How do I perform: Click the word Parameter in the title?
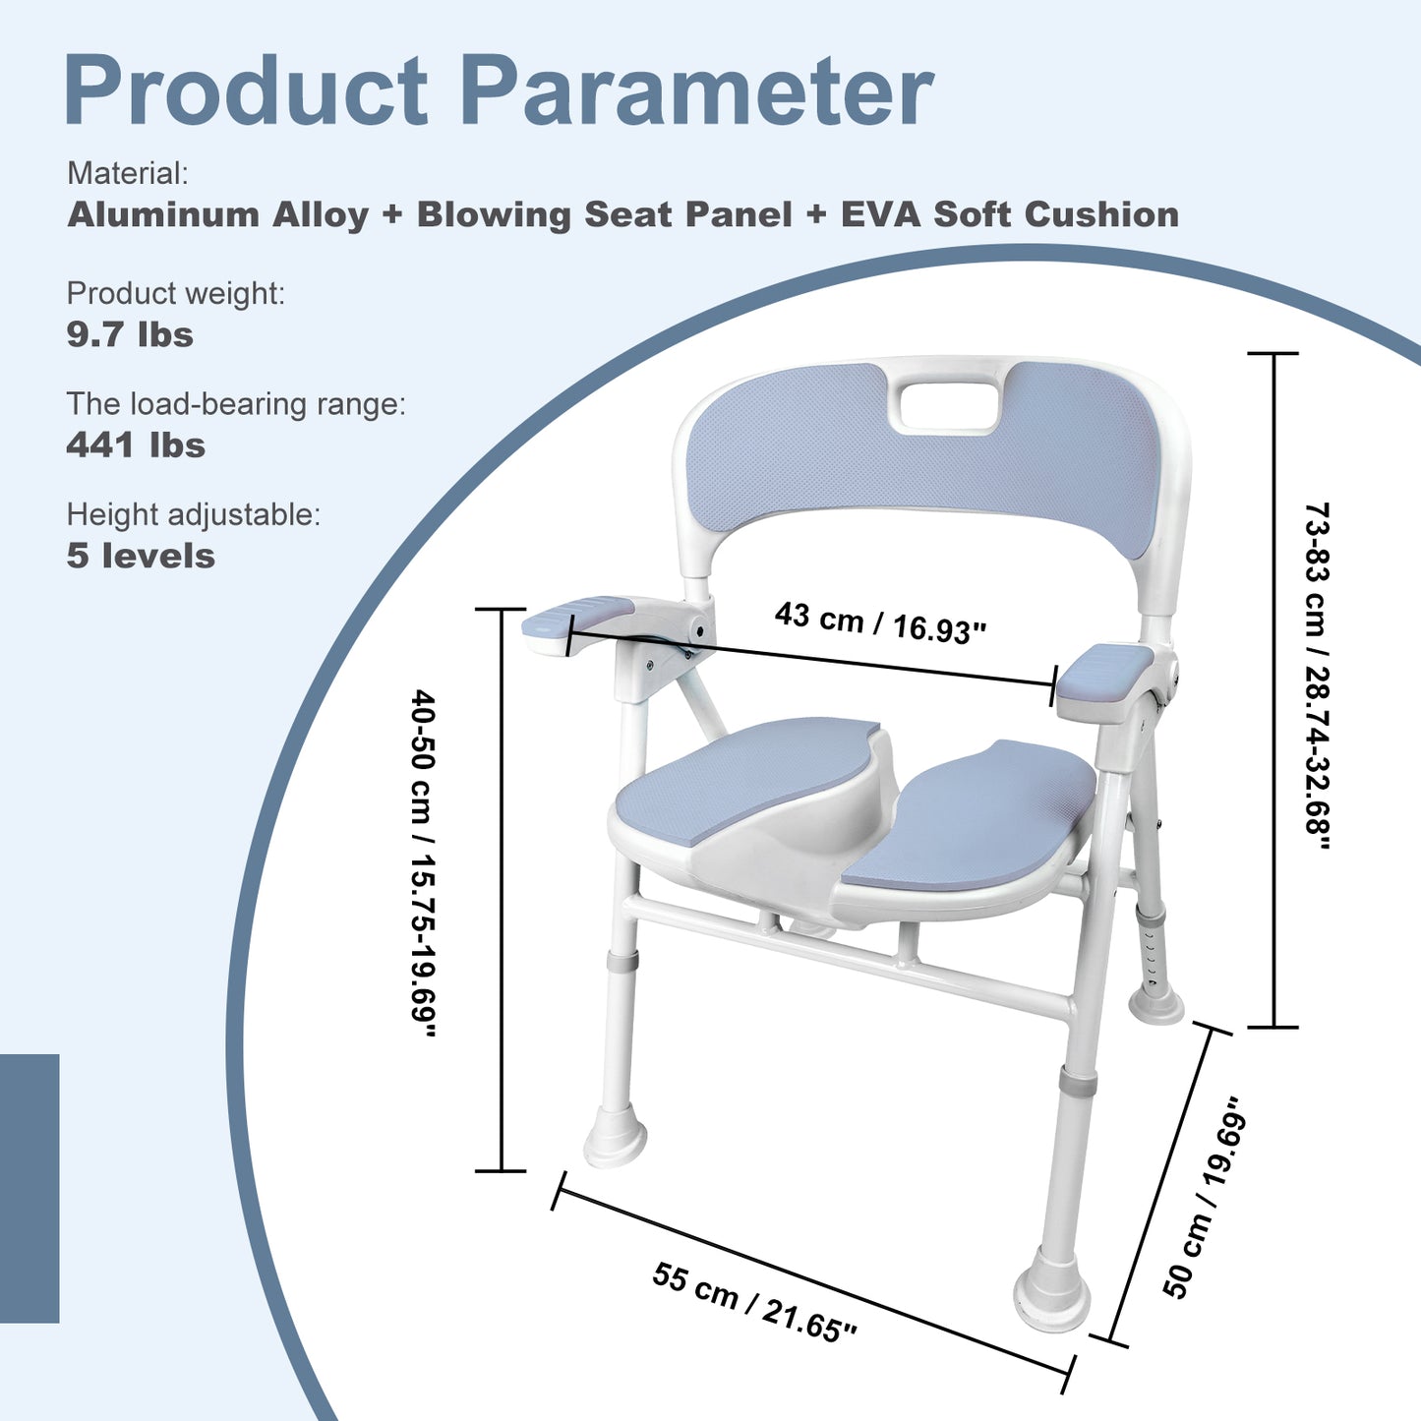click(695, 91)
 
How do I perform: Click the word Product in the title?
click(246, 91)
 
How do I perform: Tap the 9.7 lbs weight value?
click(130, 335)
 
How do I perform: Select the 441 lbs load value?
click(136, 445)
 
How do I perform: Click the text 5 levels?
click(141, 557)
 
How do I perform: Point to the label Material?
click(127, 174)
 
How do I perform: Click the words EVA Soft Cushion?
click(1009, 214)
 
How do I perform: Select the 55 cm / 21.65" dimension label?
click(753, 1302)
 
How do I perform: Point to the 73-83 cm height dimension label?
click(1317, 679)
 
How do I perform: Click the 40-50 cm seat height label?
click(423, 862)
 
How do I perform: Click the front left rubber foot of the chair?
click(616, 1139)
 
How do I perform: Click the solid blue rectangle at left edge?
click(30, 1188)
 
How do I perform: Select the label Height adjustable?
click(193, 514)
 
